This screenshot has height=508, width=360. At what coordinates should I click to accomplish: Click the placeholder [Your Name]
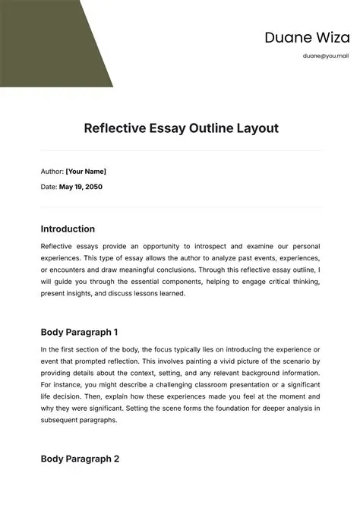point(86,172)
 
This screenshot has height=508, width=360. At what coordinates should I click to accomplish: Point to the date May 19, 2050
point(81,186)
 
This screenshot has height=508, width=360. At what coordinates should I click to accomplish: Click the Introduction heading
point(68,229)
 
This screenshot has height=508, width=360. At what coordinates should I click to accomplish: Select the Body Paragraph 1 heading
point(79,332)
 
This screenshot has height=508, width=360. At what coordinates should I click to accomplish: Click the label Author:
point(52,172)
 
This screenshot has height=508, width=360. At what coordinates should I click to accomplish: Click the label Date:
point(49,186)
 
